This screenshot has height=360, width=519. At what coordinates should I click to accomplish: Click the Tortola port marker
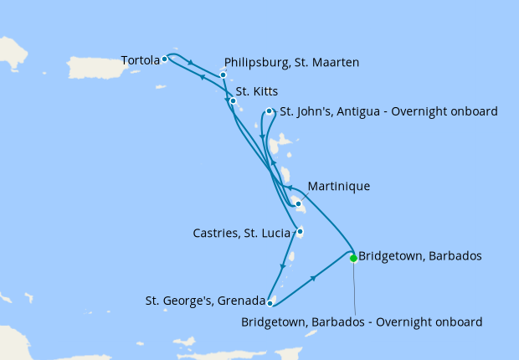[165, 59]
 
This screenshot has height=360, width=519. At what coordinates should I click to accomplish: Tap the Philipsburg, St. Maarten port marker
[224, 75]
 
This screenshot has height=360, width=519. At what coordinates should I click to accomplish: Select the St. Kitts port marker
[233, 101]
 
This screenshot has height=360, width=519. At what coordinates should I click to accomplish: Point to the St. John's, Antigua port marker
[269, 111]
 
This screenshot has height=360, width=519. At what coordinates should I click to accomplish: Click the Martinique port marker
[298, 203]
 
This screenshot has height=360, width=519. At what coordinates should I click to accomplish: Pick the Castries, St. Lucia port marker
[300, 232]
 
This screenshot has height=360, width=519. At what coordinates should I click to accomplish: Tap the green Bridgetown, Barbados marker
[353, 258]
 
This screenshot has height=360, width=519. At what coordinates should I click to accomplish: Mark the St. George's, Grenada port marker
[270, 303]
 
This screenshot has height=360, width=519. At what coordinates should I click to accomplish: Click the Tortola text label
[140, 60]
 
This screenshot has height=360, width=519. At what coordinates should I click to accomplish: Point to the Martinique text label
[338, 186]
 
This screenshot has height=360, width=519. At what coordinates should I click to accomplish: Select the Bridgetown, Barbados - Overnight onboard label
[362, 321]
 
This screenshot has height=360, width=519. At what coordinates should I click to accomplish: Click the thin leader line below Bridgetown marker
[354, 289]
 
